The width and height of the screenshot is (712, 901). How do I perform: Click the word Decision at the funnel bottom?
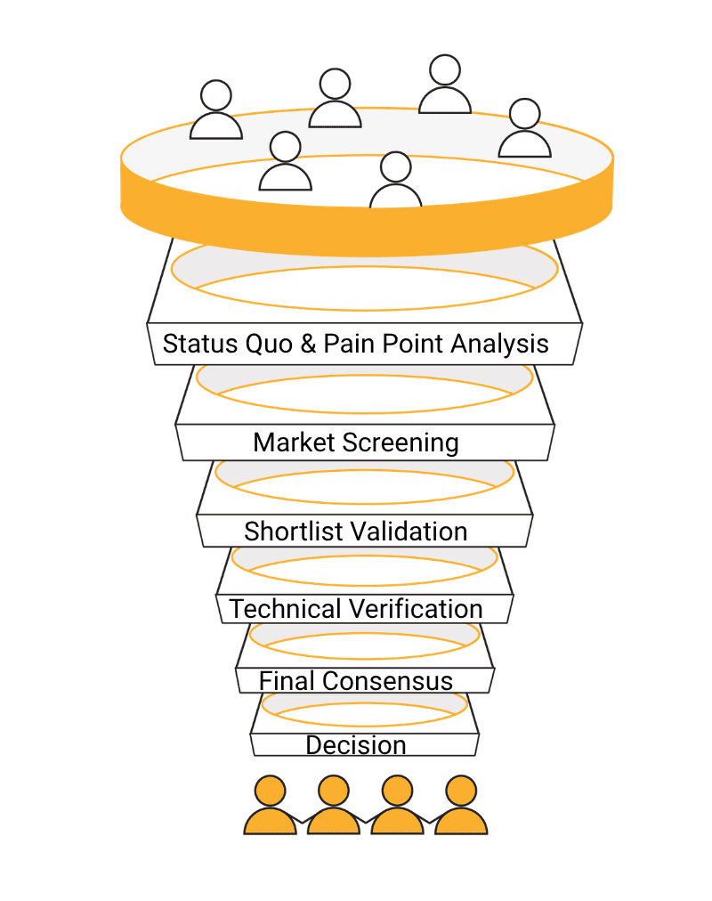tap(356, 745)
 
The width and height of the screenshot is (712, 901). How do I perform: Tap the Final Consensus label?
tap(356, 681)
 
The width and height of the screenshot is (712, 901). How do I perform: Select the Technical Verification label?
tap(356, 609)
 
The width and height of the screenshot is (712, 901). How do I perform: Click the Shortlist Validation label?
tap(356, 532)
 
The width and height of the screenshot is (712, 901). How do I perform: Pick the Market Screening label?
tap(356, 442)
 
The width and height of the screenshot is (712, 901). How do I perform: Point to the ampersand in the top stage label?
tap(308, 344)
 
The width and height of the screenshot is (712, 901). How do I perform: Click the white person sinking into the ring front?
tap(395, 182)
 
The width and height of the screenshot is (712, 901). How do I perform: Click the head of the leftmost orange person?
tap(270, 790)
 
